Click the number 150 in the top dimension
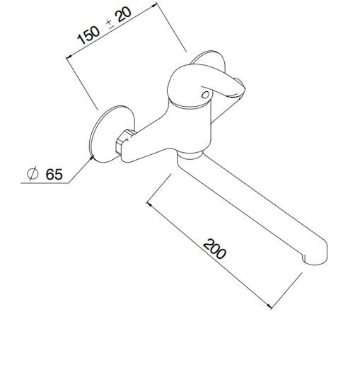pyautogui.click(x=88, y=35)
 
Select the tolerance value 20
pyautogui.click(x=123, y=15)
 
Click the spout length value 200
pyautogui.click(x=214, y=249)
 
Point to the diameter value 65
pyautogui.click(x=54, y=174)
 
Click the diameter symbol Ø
pyautogui.click(x=33, y=173)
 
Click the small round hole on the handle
pyautogui.click(x=205, y=95)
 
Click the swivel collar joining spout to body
pyautogui.click(x=189, y=155)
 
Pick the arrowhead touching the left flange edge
pyautogui.click(x=92, y=158)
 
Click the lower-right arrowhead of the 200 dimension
pyautogui.click(x=269, y=306)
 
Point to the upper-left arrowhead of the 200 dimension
pyautogui.click(x=149, y=204)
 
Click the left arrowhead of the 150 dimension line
pyautogui.click(x=69, y=57)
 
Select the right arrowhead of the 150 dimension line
pyautogui.click(x=153, y=5)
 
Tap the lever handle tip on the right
pyautogui.click(x=240, y=87)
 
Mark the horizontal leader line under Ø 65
pyautogui.click(x=45, y=183)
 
